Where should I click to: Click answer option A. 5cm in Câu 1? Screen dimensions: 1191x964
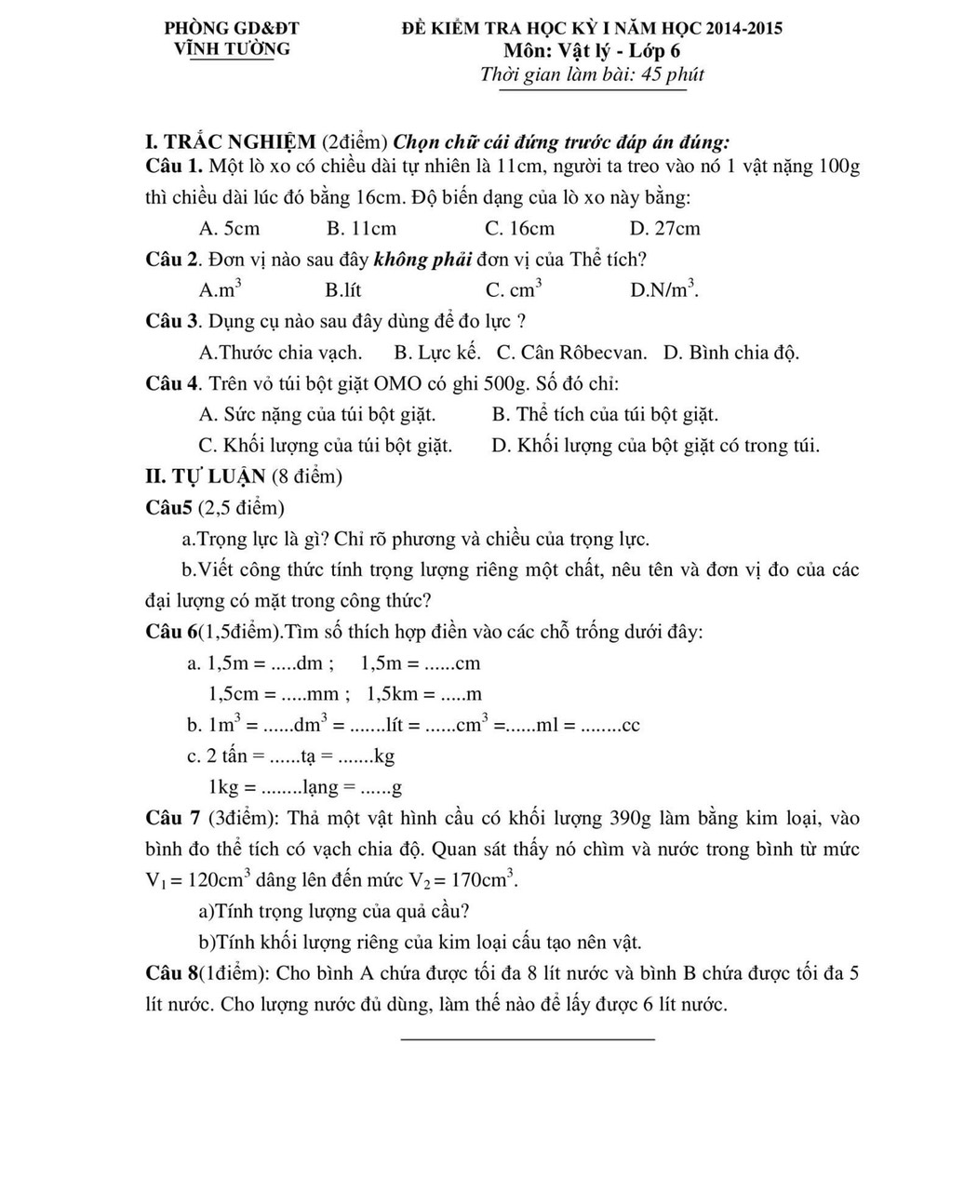coord(229,229)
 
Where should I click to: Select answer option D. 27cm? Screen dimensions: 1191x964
coord(664,229)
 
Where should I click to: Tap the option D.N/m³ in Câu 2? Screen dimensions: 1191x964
coord(664,289)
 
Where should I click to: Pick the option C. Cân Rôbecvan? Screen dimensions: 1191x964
coord(571,353)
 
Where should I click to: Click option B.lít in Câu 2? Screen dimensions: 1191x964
coord(343,290)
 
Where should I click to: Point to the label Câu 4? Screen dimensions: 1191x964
coord(173,383)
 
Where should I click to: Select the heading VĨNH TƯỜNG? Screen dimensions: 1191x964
coord(233,49)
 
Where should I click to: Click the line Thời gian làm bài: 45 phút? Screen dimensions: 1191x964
coord(592,75)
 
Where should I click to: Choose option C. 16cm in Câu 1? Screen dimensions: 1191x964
coord(519,229)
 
